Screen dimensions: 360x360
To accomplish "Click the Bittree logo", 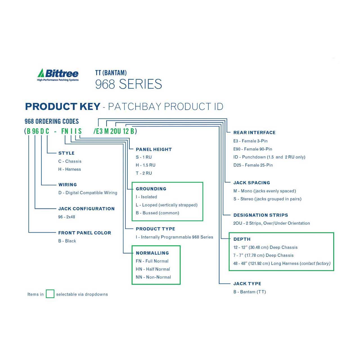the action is pyautogui.click(x=58, y=75).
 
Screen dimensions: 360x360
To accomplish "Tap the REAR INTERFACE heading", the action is pyautogui.click(x=254, y=133).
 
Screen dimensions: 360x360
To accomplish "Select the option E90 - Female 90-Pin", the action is pyautogui.click(x=253, y=149).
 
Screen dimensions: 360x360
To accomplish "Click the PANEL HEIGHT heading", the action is pyautogui.click(x=154, y=149).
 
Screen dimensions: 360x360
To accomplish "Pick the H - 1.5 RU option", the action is pyautogui.click(x=145, y=165).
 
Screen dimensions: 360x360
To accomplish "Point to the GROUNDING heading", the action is pyautogui.click(x=151, y=189).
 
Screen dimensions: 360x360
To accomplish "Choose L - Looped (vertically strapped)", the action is pyautogui.click(x=166, y=205).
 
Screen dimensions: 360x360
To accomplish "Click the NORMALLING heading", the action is pyautogui.click(x=152, y=253).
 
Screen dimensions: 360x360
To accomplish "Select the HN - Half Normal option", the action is pyautogui.click(x=153, y=269).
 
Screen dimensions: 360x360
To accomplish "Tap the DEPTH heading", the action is pyautogui.click(x=242, y=239).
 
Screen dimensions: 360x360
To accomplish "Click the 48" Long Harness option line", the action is pyautogui.click(x=282, y=264).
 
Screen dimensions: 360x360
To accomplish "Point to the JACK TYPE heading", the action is pyautogui.click(x=247, y=283).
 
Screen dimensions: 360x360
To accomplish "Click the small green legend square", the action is pyautogui.click(x=50, y=294).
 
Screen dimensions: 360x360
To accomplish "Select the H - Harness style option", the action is pyautogui.click(x=69, y=169).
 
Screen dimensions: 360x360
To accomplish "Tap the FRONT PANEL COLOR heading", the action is pyautogui.click(x=85, y=233).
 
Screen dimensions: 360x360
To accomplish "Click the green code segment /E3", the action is pyautogui.click(x=98, y=131).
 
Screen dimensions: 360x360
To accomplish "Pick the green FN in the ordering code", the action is pyautogui.click(x=65, y=131).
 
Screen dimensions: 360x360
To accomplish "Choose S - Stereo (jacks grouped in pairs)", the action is pyautogui.click(x=267, y=199).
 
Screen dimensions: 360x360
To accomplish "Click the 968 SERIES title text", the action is pyautogui.click(x=129, y=84).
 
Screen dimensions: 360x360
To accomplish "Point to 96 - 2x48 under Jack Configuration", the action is pyautogui.click(x=66, y=217).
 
